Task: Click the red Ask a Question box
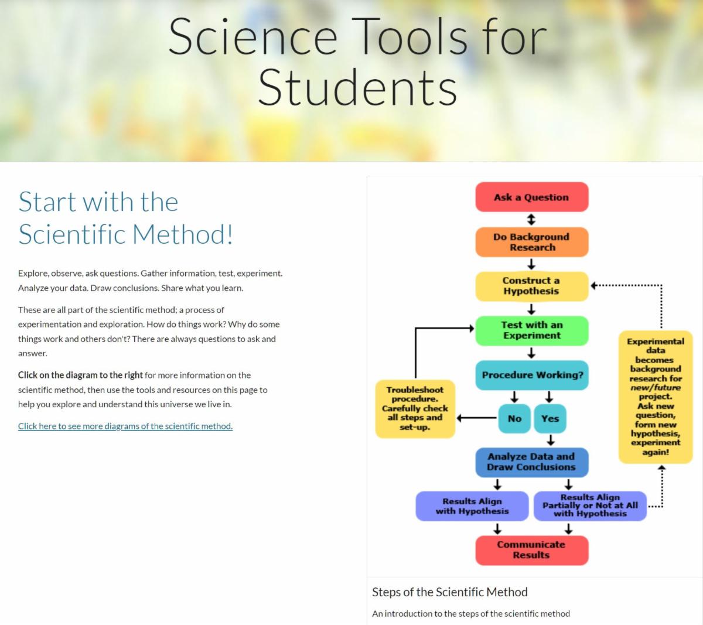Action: pos(531,197)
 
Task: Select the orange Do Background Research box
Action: pos(531,242)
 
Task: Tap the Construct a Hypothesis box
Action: pos(531,286)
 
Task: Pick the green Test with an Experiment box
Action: pos(531,330)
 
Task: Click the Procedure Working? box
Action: pos(532,375)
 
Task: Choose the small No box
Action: pos(514,418)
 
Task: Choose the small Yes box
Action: pos(550,418)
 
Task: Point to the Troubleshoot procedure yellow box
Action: pos(415,408)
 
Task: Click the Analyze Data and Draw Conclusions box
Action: pos(531,462)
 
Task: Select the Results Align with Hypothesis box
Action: pos(472,506)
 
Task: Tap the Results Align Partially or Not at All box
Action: pos(590,506)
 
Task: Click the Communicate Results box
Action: pos(531,549)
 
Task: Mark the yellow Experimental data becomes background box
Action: pos(656,397)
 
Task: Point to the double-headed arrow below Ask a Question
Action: pos(531,220)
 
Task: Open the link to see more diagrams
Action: pos(125,426)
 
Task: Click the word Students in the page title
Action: pos(357,88)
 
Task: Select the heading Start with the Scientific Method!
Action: pos(126,218)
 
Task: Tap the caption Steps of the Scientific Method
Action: pos(450,592)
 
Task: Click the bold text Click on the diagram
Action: pos(80,375)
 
